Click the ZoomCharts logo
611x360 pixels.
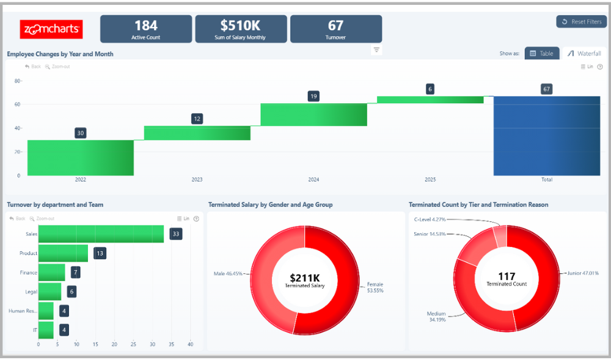pos(51,29)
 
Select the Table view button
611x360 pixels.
pos(541,53)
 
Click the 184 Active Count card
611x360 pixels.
pos(146,29)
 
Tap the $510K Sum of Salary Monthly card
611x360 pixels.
pos(241,29)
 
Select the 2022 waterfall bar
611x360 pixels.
pos(80,158)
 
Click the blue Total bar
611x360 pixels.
pos(546,136)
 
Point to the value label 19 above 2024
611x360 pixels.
pos(313,96)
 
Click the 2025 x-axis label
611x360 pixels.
pos(430,180)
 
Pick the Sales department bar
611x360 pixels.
pos(101,234)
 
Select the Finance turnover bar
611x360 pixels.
pos(51,273)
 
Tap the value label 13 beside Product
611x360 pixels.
pos(100,253)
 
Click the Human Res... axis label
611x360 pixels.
pos(23,310)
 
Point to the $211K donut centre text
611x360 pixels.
pos(304,278)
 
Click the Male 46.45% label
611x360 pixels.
pos(228,273)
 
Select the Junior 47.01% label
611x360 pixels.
pos(583,273)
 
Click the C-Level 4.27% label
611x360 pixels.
pos(430,219)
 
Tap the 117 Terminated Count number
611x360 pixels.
pos(507,276)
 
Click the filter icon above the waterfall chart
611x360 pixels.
pos(376,50)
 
